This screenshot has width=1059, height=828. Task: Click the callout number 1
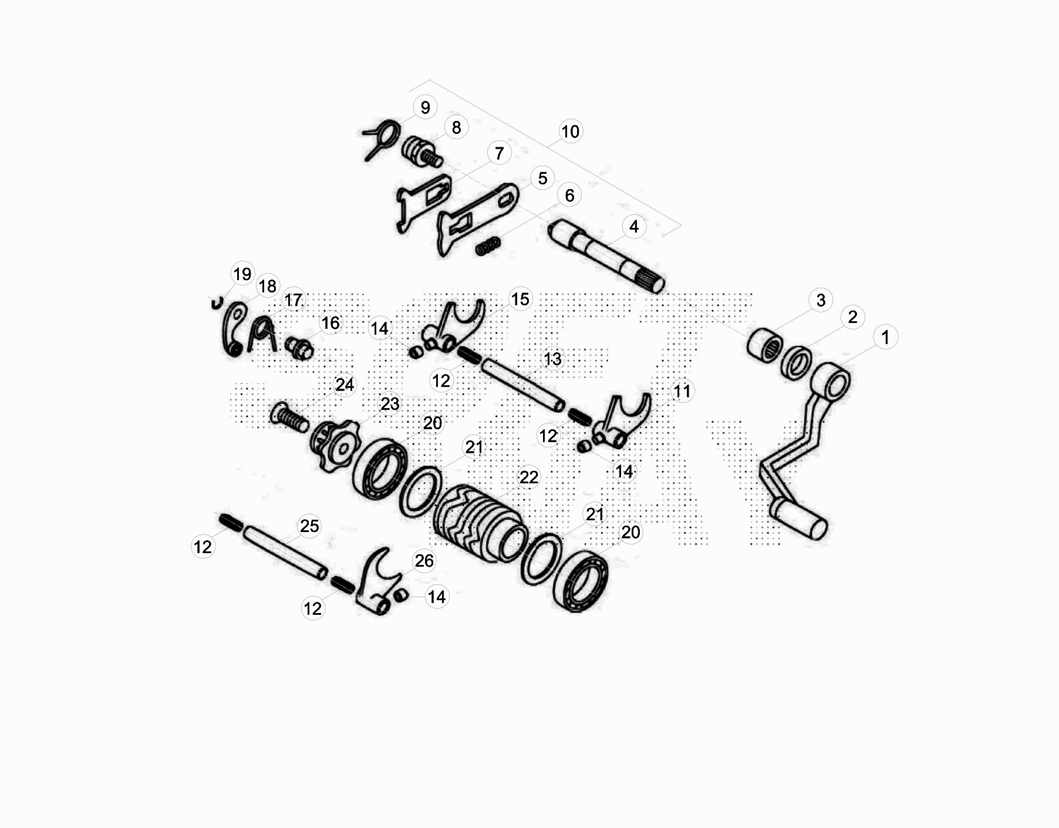tap(885, 337)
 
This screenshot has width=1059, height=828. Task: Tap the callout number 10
tap(570, 132)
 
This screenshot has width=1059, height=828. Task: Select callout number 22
tap(528, 477)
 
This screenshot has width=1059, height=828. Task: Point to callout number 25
tap(309, 526)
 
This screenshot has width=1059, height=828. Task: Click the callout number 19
tap(242, 274)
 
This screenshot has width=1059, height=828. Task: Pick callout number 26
tap(424, 561)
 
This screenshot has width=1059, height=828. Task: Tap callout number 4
tap(633, 227)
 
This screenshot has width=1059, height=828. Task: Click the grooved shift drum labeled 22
tap(478, 523)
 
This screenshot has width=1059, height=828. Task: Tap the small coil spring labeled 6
tap(488, 245)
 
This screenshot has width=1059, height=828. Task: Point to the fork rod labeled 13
tap(523, 386)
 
